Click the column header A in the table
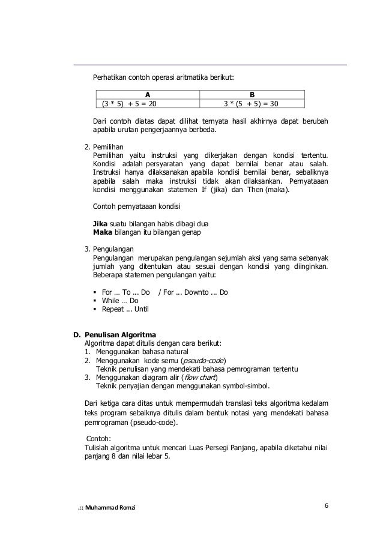[x=148, y=94]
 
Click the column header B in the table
[x=252, y=94]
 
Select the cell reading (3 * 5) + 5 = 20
[x=130, y=103]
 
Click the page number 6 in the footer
[x=326, y=505]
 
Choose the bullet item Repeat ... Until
[x=125, y=310]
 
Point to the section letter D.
[x=76, y=334]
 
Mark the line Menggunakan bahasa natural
[x=141, y=352]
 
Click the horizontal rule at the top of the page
[x=210, y=64]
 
